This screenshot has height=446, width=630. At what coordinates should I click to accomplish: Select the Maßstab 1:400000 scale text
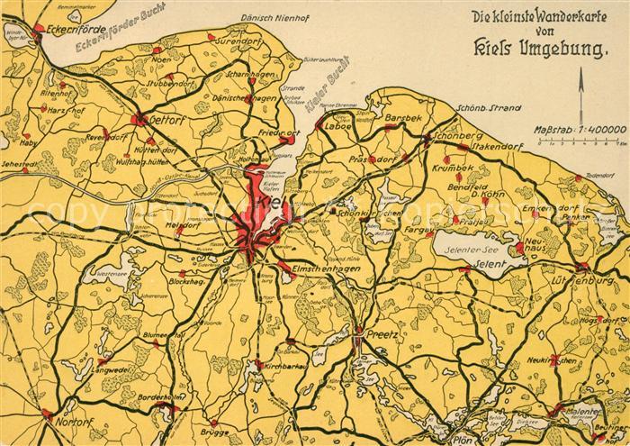click(x=579, y=131)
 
